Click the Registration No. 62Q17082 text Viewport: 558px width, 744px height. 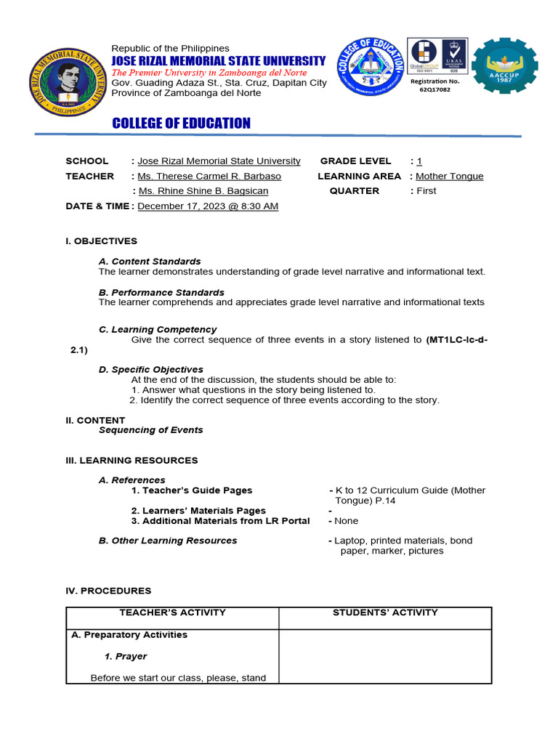tap(435, 86)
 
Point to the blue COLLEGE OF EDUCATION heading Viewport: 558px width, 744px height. tap(181, 124)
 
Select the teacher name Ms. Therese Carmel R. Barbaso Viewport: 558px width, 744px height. tap(209, 176)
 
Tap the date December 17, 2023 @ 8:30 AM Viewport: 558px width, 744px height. tap(208, 206)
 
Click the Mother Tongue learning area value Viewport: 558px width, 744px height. tap(449, 176)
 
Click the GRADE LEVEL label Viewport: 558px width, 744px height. tap(355, 161)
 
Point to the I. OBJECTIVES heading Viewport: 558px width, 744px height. tap(101, 241)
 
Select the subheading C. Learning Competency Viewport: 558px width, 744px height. tap(158, 329)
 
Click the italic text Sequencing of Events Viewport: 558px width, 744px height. tap(150, 430)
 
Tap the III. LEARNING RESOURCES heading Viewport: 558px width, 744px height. tap(132, 461)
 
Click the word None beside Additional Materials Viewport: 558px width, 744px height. tap(346, 521)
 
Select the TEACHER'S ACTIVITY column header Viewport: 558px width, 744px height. tap(172, 612)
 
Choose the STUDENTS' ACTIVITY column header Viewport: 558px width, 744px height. tap(385, 612)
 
